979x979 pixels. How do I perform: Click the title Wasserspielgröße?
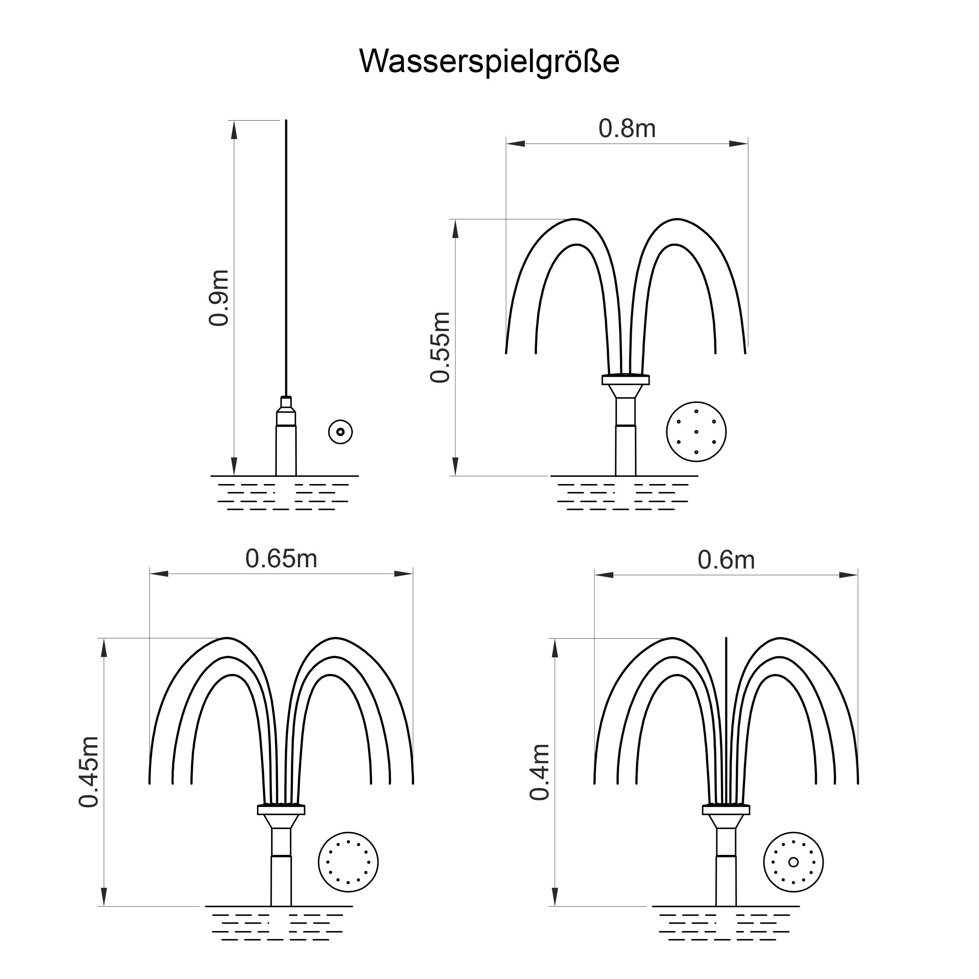(489, 62)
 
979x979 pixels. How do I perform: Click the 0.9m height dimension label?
(219, 298)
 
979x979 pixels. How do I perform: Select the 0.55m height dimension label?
(440, 347)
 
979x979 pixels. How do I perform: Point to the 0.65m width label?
(281, 558)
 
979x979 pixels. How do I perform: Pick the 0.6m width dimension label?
(726, 560)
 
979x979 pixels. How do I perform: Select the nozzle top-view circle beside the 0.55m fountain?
(696, 432)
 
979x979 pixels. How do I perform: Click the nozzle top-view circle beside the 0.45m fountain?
(348, 862)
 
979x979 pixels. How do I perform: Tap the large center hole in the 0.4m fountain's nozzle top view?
(793, 862)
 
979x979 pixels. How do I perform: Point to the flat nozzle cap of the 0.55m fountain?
(625, 379)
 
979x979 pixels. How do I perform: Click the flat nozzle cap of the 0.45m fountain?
(281, 810)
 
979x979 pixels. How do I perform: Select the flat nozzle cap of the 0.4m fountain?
(726, 810)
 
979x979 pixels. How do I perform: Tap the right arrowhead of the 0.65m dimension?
(404, 574)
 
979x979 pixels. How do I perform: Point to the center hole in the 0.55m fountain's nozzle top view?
(696, 432)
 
